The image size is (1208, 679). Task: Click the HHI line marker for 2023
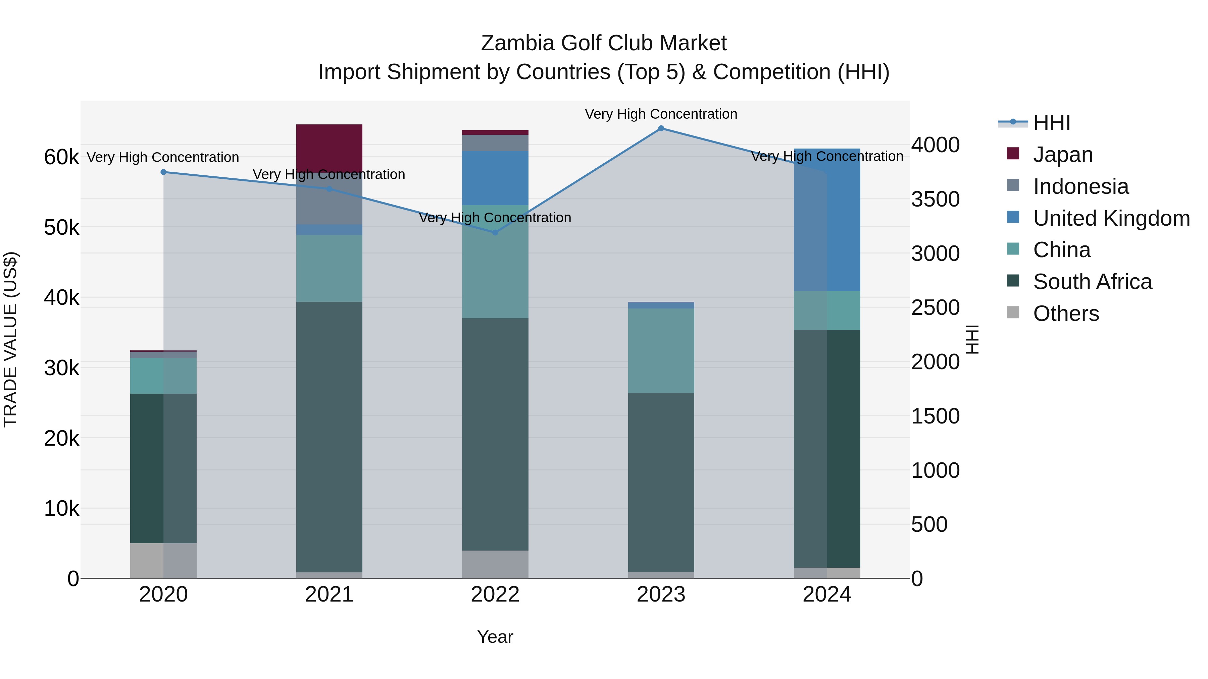point(661,128)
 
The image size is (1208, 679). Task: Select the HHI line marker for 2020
point(163,172)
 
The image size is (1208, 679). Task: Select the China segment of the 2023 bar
point(661,350)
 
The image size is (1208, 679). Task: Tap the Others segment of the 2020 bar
point(163,560)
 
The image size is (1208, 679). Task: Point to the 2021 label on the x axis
point(329,595)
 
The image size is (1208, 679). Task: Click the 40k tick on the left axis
point(61,297)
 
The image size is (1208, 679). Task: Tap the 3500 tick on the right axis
point(935,199)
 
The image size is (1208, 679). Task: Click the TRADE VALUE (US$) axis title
point(10,339)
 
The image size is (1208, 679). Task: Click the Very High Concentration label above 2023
point(661,114)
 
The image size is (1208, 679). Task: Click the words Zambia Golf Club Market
point(604,43)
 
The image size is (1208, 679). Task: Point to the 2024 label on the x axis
point(827,595)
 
